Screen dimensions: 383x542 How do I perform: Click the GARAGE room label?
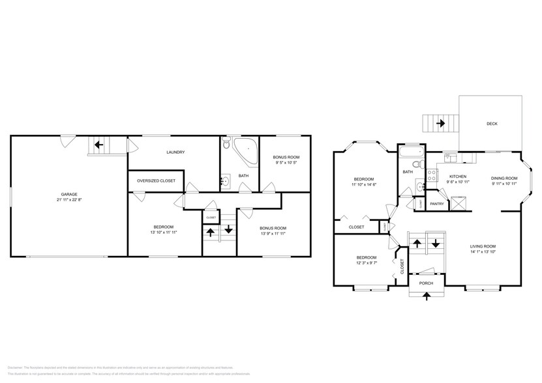click(x=69, y=194)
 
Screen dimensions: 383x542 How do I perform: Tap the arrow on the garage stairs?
click(x=100, y=145)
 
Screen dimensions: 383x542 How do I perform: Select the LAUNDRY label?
click(x=175, y=152)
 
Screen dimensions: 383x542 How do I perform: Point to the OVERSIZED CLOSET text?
click(x=155, y=181)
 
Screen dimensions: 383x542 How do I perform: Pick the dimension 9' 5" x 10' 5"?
click(x=286, y=163)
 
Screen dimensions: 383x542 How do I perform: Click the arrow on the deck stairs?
click(x=441, y=122)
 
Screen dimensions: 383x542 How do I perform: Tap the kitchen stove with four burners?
click(x=431, y=175)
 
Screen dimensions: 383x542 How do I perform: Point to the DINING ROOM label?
click(x=504, y=178)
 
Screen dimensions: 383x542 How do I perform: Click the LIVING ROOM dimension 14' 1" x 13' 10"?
click(x=483, y=251)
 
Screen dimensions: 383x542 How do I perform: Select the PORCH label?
click(x=426, y=283)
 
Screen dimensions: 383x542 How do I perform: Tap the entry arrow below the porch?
click(x=427, y=296)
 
